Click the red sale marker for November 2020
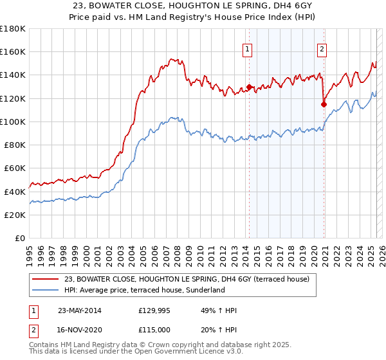pyautogui.click(x=324, y=104)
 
